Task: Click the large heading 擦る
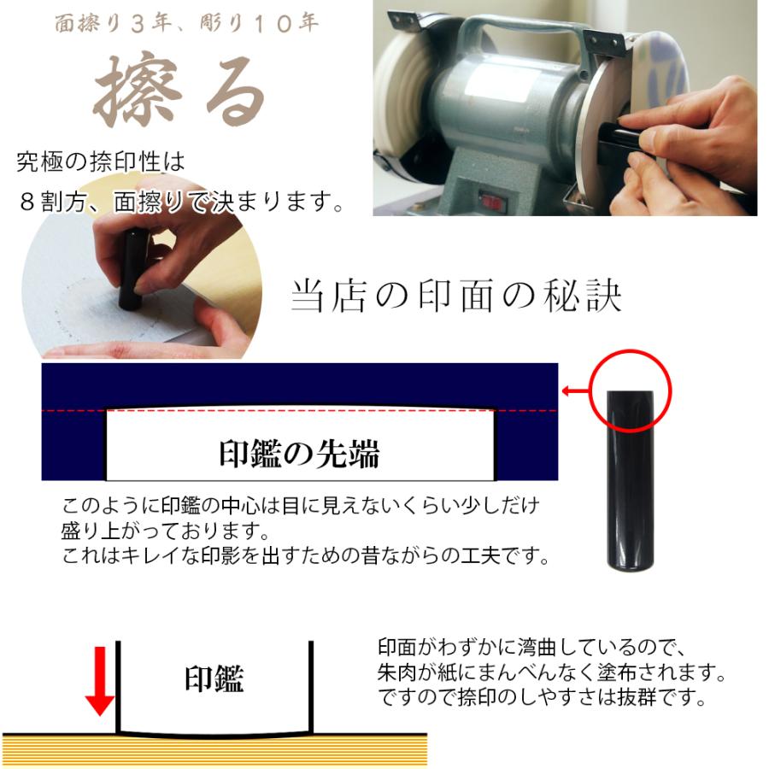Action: (x=179, y=92)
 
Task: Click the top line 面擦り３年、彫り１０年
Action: (x=186, y=23)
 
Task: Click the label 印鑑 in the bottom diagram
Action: (x=214, y=679)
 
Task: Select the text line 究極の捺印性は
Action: (x=100, y=161)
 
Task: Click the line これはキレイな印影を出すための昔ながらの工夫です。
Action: (x=304, y=556)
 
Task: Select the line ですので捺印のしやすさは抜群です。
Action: (x=542, y=697)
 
